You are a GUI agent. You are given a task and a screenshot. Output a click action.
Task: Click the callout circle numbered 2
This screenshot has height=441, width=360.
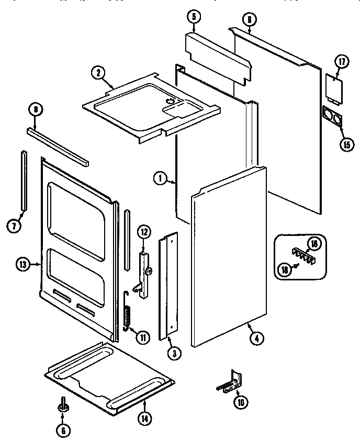pyautogui.click(x=97, y=73)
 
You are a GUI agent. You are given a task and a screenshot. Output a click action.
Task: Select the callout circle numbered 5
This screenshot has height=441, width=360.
pyautogui.click(x=193, y=17)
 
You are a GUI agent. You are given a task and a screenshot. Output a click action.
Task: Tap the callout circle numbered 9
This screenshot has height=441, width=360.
pyautogui.click(x=249, y=20)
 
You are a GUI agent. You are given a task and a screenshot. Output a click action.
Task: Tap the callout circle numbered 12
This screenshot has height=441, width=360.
pyautogui.click(x=144, y=231)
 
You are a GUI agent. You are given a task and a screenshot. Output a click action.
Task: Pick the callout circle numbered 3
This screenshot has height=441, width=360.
pyautogui.click(x=174, y=354)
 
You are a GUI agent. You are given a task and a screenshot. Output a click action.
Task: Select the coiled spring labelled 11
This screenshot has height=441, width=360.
pyautogui.click(x=127, y=311)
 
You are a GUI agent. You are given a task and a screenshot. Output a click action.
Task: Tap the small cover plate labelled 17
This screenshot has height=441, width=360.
pyautogui.click(x=332, y=87)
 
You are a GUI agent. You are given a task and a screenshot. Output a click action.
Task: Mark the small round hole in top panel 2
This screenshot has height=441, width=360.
pyautogui.click(x=170, y=99)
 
